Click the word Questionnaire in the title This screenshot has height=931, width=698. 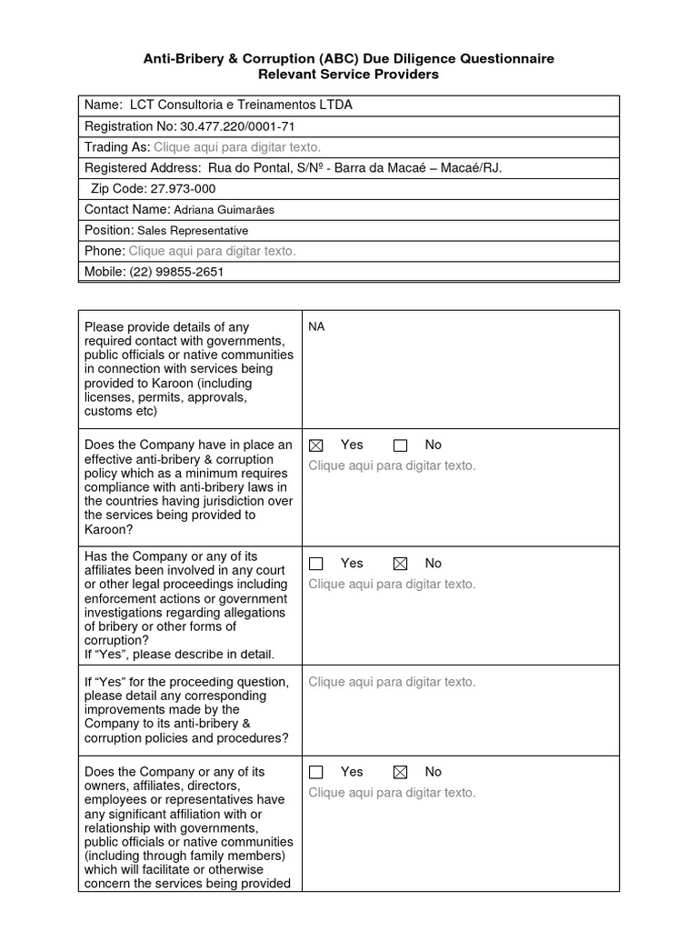pos(499,58)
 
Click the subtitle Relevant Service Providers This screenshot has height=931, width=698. pos(349,75)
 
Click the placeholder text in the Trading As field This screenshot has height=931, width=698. pos(237,147)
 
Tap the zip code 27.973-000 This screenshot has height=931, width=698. pos(183,189)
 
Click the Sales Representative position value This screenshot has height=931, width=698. pos(193,231)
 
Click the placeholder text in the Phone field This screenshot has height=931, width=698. pos(212,251)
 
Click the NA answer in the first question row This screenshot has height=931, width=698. pos(316,326)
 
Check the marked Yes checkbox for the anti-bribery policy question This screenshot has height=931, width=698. pos(315,445)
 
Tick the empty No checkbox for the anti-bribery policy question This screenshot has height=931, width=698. pos(400,445)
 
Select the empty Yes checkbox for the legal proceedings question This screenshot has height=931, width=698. pos(315,564)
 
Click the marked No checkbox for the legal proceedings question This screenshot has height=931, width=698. pos(400,564)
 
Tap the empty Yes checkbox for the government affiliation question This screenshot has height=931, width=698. pos(315,772)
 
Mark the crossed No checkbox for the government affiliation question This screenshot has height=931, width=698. pos(400,772)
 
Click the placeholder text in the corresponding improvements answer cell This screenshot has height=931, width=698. pos(392,682)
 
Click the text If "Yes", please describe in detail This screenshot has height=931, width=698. pos(179,655)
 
